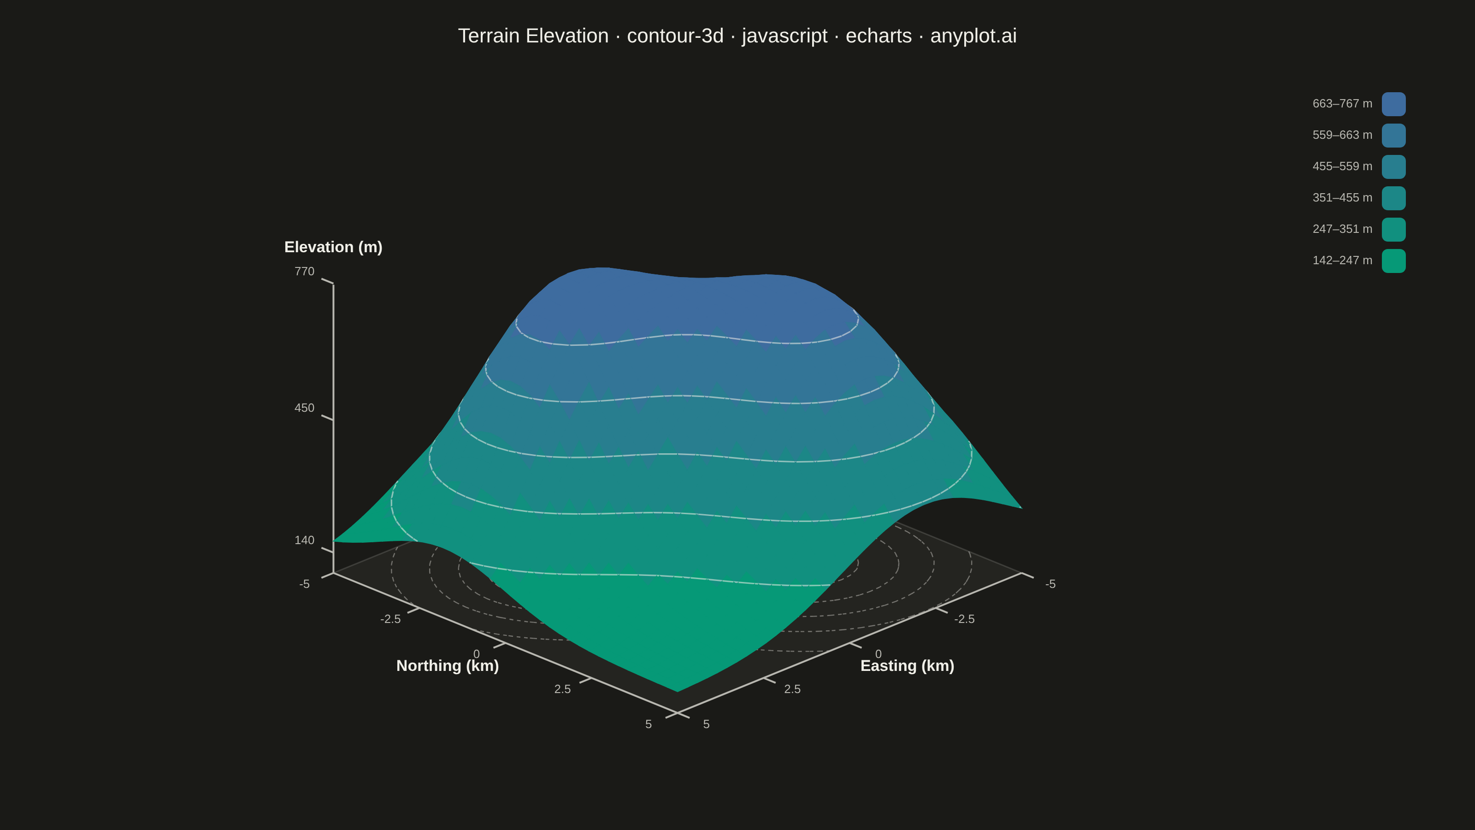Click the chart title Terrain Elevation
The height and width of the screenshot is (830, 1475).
533,36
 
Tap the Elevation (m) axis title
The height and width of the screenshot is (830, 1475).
333,247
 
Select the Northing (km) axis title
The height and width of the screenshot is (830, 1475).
448,665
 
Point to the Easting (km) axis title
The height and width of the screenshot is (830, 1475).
908,665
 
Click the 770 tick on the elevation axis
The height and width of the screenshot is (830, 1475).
305,272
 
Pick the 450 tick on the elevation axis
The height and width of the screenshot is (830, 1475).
305,408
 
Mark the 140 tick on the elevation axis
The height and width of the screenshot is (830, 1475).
305,540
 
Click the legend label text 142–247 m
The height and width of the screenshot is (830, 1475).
1342,261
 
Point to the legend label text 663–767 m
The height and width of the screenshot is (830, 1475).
1342,104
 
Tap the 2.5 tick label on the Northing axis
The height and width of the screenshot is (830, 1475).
562,689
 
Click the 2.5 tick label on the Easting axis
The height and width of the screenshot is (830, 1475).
792,689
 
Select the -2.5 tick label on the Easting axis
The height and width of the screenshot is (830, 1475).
964,619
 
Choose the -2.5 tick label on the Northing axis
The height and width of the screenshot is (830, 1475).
390,619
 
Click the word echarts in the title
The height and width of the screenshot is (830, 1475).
879,36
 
